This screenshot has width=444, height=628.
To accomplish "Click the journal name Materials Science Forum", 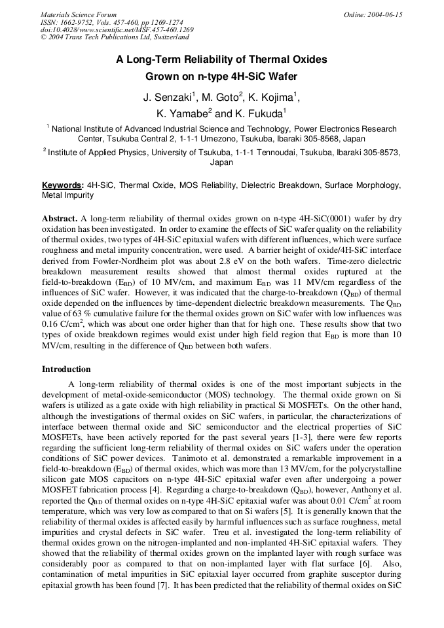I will (x=79, y=14).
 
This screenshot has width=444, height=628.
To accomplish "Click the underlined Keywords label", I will (x=63, y=185).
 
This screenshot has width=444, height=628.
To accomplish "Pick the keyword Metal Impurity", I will (x=69, y=195).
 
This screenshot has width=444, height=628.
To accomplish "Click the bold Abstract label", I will (x=60, y=217).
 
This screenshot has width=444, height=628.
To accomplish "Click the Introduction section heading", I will (x=66, y=369).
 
